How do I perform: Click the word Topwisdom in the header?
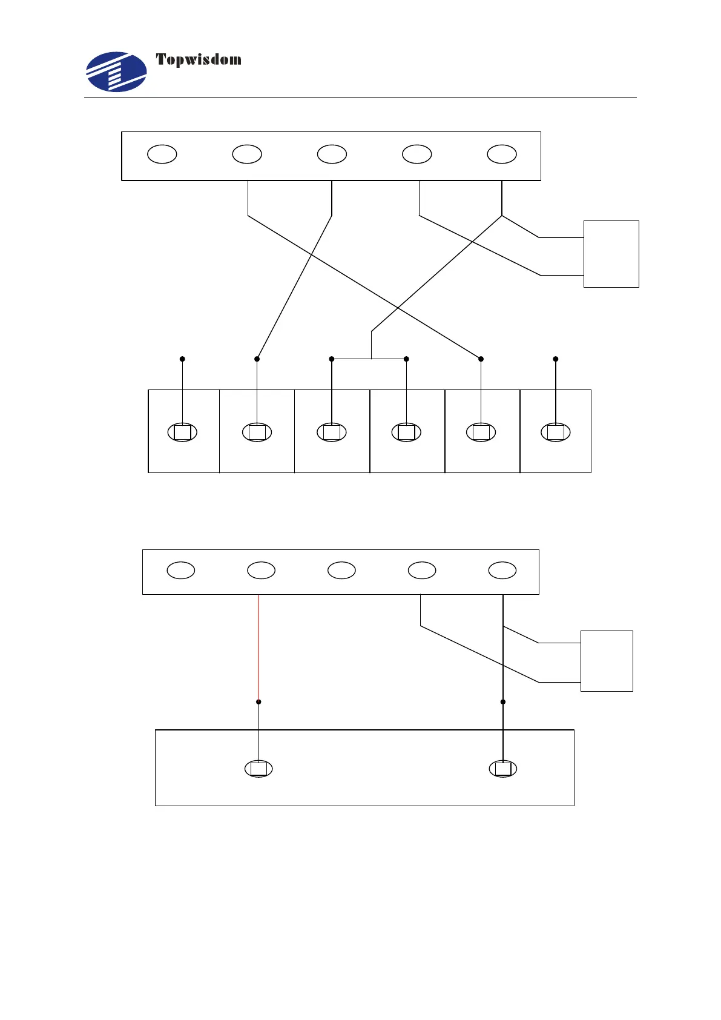(x=199, y=59)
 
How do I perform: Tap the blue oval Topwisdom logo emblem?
(x=116, y=71)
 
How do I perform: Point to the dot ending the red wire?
(x=258, y=702)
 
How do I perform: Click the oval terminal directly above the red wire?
(x=261, y=570)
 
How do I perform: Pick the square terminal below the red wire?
(x=258, y=769)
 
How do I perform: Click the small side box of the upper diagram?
(x=611, y=254)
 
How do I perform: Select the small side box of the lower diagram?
(x=607, y=661)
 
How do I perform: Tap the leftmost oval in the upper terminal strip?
(x=162, y=154)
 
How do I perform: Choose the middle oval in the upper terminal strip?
(x=332, y=154)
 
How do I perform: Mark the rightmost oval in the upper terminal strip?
(x=502, y=154)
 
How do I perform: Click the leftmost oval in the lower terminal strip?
(x=180, y=570)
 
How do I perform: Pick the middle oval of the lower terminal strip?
(x=341, y=570)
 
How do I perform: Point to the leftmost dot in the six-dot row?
(x=182, y=359)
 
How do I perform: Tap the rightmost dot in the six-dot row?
(x=556, y=359)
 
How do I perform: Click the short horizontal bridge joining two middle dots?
(x=369, y=359)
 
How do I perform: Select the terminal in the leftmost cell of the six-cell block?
(x=182, y=432)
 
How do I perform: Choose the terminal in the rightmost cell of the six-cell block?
(x=556, y=432)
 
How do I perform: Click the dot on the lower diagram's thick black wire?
(x=503, y=702)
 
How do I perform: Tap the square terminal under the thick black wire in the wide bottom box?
(x=503, y=769)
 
